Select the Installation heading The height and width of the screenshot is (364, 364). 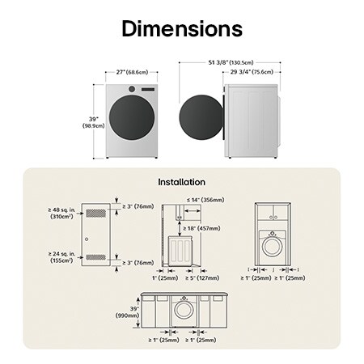[x=181, y=182]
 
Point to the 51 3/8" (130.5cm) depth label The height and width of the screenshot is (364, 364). [x=231, y=61]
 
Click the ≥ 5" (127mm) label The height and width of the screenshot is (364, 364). [x=203, y=278]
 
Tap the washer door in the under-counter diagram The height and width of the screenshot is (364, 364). [x=184, y=311]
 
